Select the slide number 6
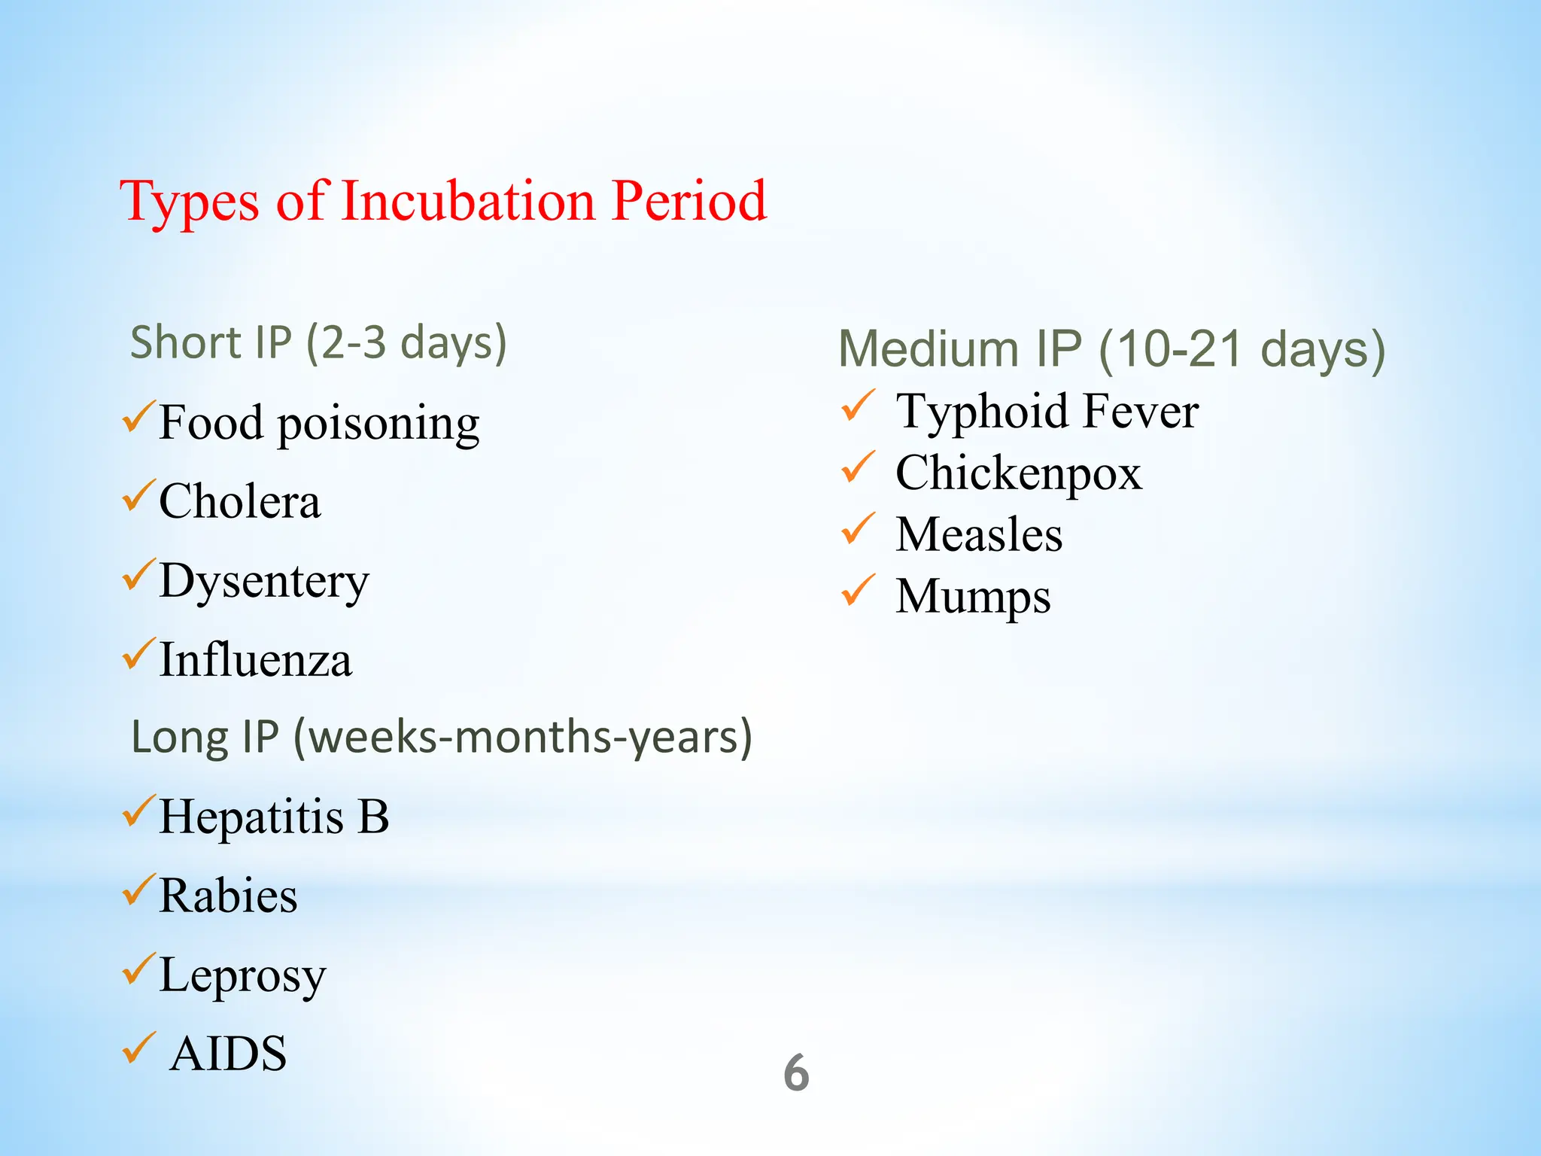(796, 1073)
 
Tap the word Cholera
(239, 501)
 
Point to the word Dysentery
(264, 581)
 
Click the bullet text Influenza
(256, 660)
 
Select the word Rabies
(228, 896)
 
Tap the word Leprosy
(242, 975)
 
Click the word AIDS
(228, 1054)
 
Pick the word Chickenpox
(1018, 473)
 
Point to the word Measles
(978, 535)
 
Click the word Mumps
(972, 597)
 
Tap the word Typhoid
(983, 412)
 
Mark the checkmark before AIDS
(138, 1048)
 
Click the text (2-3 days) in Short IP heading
(406, 342)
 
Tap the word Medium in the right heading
(929, 349)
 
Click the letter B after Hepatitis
(372, 817)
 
